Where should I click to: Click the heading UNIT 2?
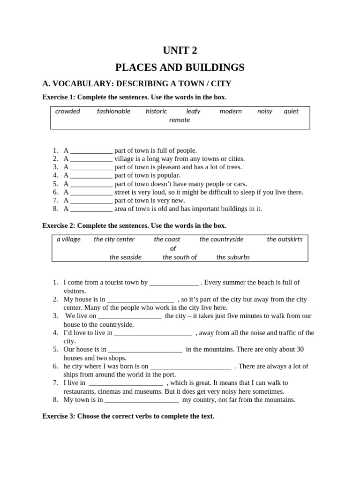click(180, 51)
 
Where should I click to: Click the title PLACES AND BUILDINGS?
click(180, 67)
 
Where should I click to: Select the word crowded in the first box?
click(67, 111)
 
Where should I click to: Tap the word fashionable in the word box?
click(113, 111)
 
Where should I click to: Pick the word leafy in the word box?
click(193, 111)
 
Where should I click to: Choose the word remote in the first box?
click(180, 120)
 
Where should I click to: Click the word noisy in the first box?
click(264, 111)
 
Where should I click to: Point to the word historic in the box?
click(156, 111)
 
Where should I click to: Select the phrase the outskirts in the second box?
click(285, 239)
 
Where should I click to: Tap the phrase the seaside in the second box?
click(125, 257)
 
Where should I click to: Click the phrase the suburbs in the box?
click(233, 257)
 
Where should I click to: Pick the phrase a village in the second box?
click(68, 239)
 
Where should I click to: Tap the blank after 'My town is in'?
click(141, 400)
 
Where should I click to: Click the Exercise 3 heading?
click(128, 416)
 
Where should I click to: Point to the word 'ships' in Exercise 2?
click(72, 375)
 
